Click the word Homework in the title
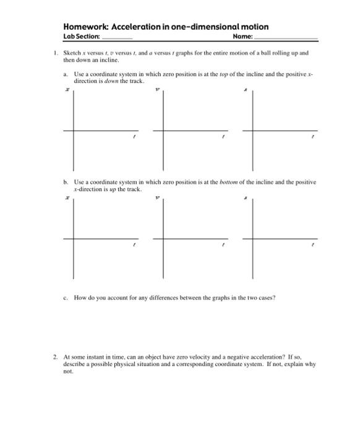(x=85, y=27)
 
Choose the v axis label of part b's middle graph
(x=157, y=198)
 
